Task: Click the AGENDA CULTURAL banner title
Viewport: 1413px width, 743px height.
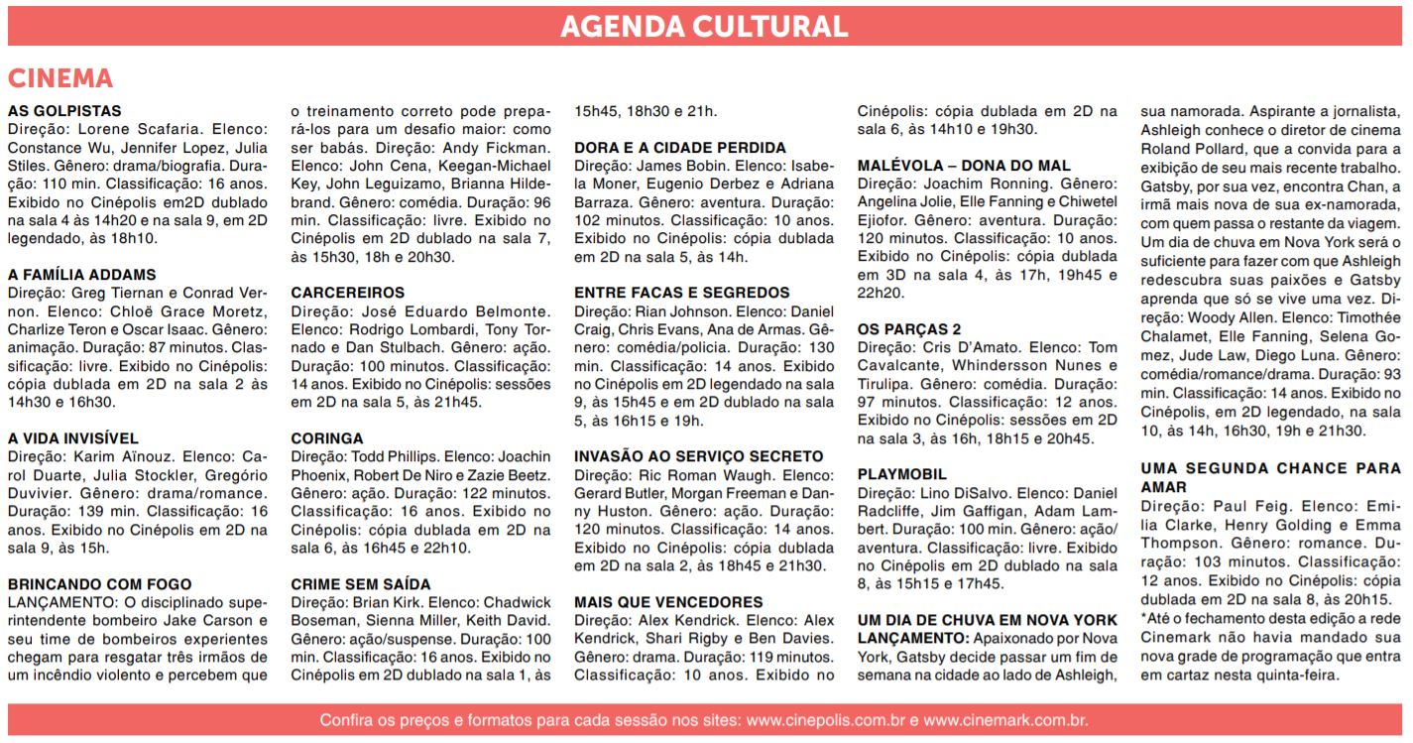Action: [704, 27]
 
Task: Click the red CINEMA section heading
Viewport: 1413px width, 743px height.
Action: [60, 79]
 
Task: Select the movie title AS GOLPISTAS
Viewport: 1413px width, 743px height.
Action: [64, 111]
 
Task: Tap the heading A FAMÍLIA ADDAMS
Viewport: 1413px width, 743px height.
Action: [82, 275]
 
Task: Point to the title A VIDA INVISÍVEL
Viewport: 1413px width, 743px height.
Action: [73, 438]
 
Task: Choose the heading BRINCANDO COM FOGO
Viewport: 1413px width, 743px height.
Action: [100, 584]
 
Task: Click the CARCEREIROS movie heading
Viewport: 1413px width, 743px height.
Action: [348, 293]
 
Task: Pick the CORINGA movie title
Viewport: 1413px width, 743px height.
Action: [327, 438]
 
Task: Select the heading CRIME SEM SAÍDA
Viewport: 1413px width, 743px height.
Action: [361, 584]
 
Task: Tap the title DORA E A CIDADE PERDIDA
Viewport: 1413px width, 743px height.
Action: [680, 148]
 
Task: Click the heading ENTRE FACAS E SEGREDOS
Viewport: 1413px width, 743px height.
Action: [682, 293]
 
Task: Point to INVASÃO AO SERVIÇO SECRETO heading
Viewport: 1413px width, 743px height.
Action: [699, 456]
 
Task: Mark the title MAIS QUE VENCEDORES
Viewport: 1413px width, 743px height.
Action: [668, 602]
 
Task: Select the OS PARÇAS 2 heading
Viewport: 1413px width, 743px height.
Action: [909, 329]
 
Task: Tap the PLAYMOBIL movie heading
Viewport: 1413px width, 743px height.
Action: [901, 475]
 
